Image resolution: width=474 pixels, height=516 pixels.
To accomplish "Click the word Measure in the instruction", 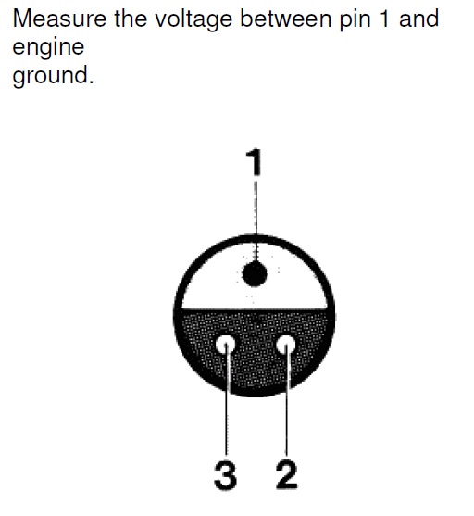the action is pos(59,19).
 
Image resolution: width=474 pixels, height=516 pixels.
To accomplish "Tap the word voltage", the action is pos(193,20).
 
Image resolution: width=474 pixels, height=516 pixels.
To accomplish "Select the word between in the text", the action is pos(285,19).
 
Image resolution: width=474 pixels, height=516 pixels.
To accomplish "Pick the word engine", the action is pos(48,49).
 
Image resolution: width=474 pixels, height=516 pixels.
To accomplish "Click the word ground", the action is pos(50,76).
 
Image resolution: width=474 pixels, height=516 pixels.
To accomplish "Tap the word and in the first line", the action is pos(418,19).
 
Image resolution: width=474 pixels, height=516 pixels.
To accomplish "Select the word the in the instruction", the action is pos(131,19).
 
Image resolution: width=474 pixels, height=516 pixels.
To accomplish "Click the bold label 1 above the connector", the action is pos(255,162).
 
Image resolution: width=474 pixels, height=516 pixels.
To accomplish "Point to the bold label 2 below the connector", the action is pos(286,475).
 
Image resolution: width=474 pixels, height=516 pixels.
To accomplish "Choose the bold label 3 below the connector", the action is pos(225,475).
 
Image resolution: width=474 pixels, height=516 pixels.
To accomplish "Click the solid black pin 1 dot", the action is pos(255,274).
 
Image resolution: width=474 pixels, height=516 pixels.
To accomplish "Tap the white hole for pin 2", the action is pos(285,346).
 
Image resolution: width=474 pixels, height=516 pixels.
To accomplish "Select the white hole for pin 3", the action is pos(226,346).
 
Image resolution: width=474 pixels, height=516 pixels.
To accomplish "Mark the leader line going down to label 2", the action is pos(287,400).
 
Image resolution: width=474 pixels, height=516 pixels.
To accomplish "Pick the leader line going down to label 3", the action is pos(226,400).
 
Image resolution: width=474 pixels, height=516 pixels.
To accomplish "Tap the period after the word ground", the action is pos(91,82).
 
